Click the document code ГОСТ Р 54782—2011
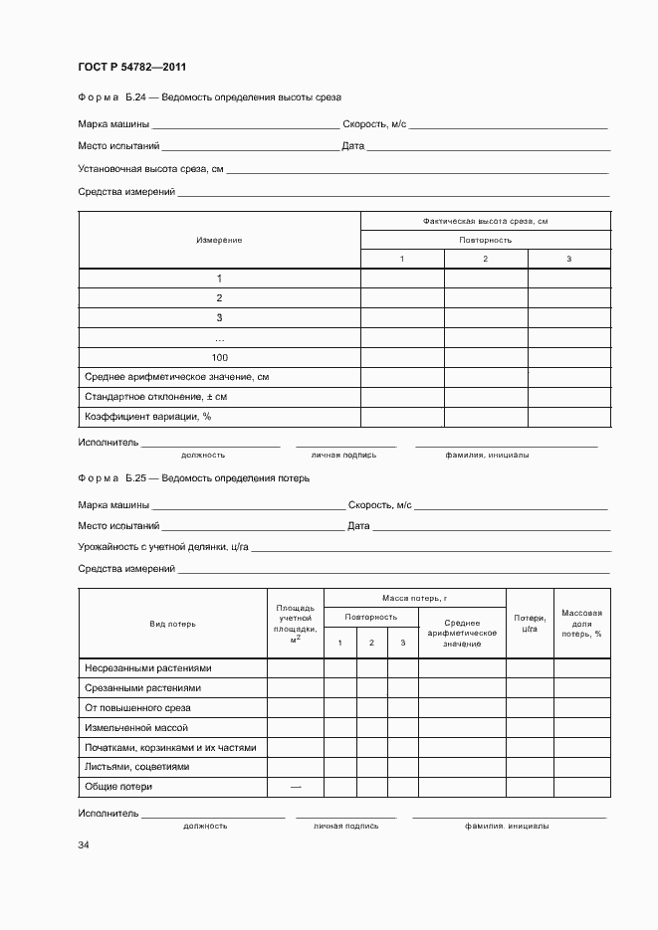[132, 68]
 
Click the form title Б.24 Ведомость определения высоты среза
[209, 97]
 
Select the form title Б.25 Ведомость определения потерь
[194, 478]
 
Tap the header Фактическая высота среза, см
[485, 221]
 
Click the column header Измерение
[219, 240]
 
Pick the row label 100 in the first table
[219, 357]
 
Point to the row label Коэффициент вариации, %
[148, 417]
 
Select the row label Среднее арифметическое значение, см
[177, 377]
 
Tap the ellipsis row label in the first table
[219, 338]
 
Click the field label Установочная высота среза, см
[150, 170]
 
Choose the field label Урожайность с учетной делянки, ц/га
[163, 547]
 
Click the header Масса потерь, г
[414, 598]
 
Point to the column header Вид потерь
[172, 624]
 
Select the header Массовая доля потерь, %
[581, 624]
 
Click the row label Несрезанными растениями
[148, 668]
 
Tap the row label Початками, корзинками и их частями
[170, 747]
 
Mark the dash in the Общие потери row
[295, 787]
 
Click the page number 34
[84, 845]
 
